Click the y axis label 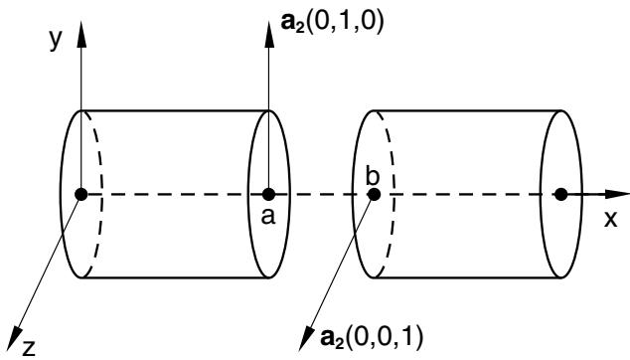click(x=57, y=40)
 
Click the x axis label click(x=611, y=219)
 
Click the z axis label click(x=29, y=348)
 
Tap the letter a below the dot click(x=268, y=217)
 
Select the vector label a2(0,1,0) click(x=333, y=23)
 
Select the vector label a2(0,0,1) click(x=372, y=337)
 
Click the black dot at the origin click(x=81, y=194)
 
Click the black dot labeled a click(x=268, y=194)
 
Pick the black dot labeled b click(x=374, y=194)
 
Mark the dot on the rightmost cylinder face click(x=560, y=194)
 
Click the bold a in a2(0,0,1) click(x=327, y=337)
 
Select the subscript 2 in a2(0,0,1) click(x=339, y=342)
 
